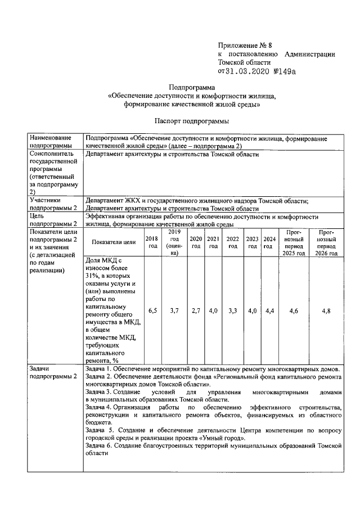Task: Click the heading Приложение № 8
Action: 245,46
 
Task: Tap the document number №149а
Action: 290,71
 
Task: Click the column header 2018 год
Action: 152,242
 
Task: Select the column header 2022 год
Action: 233,242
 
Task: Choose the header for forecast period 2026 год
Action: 326,242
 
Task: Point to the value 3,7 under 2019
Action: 174,310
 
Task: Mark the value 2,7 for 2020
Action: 196,310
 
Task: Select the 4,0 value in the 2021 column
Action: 213,310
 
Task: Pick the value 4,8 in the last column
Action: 326,310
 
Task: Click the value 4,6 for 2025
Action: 294,310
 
